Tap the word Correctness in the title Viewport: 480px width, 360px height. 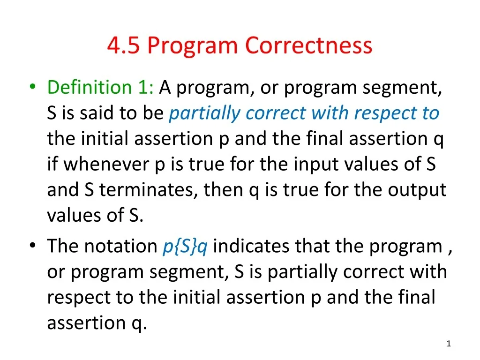309,45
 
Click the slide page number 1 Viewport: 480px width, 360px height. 449,345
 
